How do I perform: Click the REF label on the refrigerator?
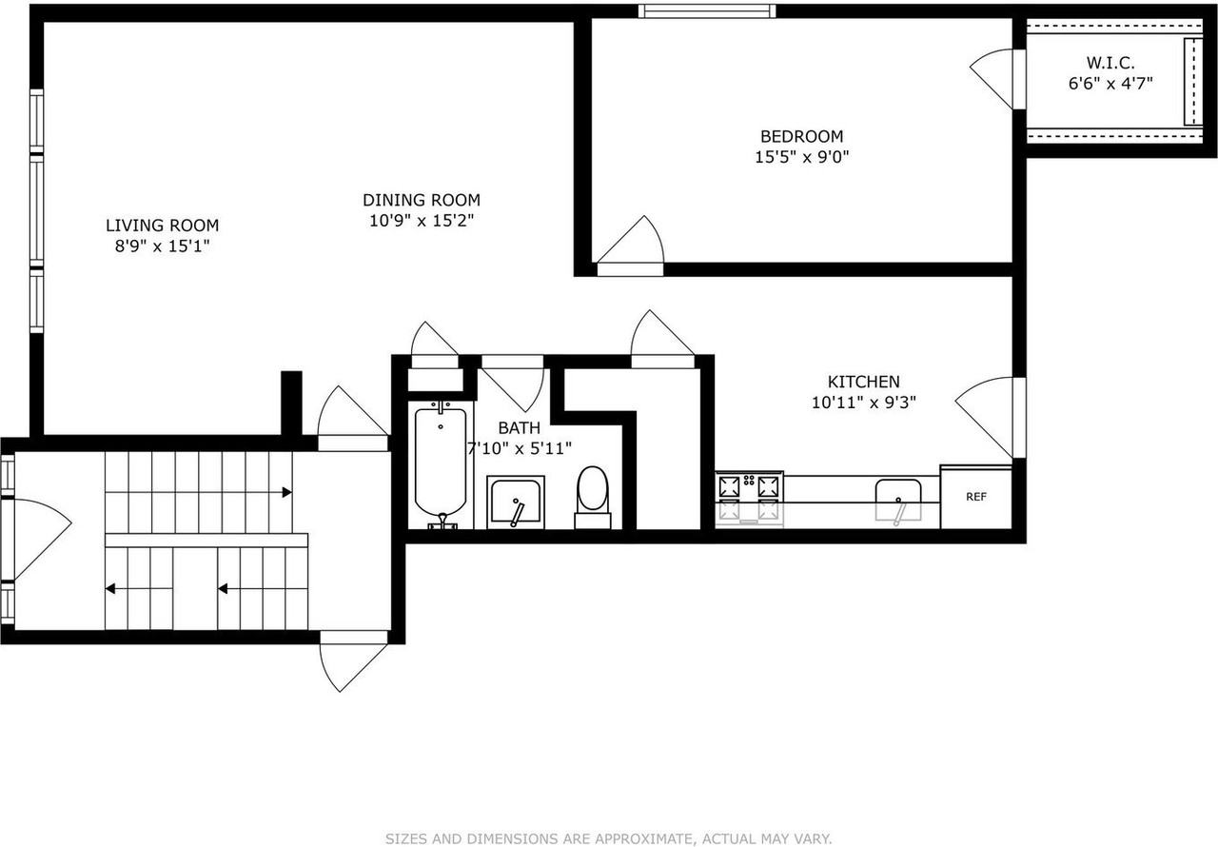point(976,497)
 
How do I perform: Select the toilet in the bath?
point(593,497)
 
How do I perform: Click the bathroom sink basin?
point(516,502)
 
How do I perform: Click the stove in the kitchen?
point(749,499)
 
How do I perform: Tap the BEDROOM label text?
point(801,136)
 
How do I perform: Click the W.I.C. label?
point(1110,63)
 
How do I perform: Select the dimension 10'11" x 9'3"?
point(863,403)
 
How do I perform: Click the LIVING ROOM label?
point(162,225)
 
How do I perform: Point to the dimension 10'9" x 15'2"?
point(422,221)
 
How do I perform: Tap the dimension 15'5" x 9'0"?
point(801,157)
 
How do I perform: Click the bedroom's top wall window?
point(707,10)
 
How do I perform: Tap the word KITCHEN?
point(863,381)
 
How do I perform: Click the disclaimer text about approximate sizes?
point(608,838)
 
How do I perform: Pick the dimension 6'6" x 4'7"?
point(1110,84)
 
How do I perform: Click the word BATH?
point(520,428)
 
